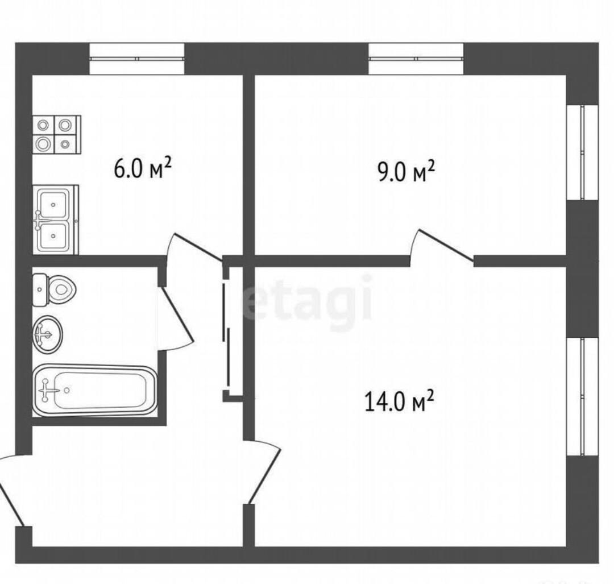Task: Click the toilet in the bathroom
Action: [x=54, y=290]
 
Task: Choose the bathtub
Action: [x=95, y=390]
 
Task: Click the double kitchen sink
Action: [x=55, y=219]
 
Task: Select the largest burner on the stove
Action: [x=43, y=144]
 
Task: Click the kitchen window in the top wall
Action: [x=136, y=59]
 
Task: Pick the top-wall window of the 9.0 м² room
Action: [x=416, y=59]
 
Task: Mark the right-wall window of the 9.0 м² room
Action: [x=583, y=153]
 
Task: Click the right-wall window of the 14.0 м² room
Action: [x=583, y=396]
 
